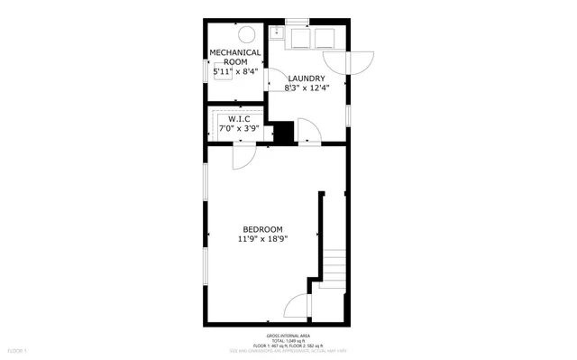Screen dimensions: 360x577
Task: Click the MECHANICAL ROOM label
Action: pyautogui.click(x=235, y=57)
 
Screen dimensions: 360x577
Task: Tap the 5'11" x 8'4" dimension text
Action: pyautogui.click(x=235, y=70)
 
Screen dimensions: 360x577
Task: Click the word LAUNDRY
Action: pyautogui.click(x=307, y=78)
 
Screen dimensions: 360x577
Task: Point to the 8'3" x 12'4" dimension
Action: pyautogui.click(x=307, y=88)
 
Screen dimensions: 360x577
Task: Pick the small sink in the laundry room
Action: pyautogui.click(x=279, y=36)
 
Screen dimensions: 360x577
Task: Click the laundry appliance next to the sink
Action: pyautogui.click(x=301, y=37)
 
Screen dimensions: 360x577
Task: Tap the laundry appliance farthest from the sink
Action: pyautogui.click(x=325, y=37)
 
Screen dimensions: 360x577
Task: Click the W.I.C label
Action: pyautogui.click(x=239, y=118)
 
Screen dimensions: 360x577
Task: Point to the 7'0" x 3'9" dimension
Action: pyautogui.click(x=239, y=128)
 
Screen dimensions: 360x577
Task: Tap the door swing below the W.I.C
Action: pyautogui.click(x=242, y=156)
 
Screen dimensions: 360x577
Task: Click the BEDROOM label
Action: pyautogui.click(x=263, y=229)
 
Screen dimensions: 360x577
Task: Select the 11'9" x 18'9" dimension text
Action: pyautogui.click(x=263, y=240)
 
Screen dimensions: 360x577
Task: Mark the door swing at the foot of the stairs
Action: pyautogui.click(x=298, y=309)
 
